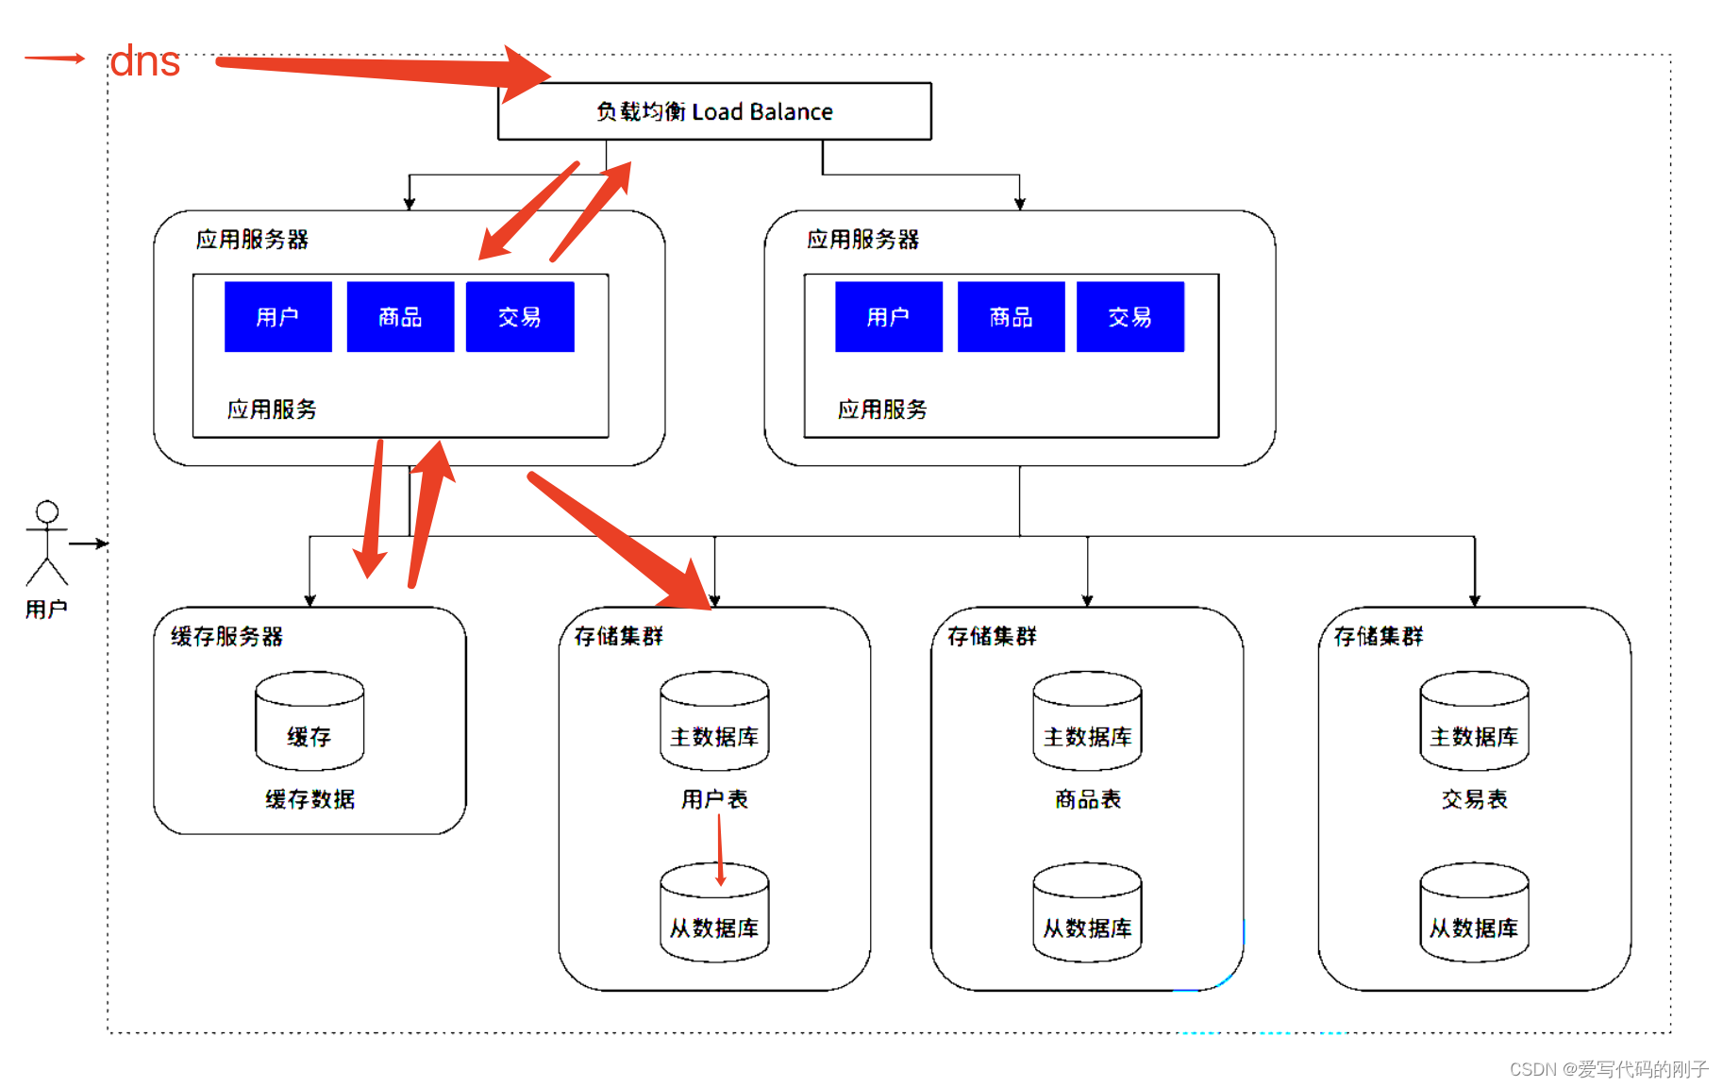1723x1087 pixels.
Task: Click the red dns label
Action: point(144,62)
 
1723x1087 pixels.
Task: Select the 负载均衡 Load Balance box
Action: point(714,111)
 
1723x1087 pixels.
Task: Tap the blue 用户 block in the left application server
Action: point(278,317)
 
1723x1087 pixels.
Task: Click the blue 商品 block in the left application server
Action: point(400,317)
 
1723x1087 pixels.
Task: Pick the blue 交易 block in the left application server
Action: point(520,317)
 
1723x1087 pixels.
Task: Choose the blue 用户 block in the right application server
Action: point(889,317)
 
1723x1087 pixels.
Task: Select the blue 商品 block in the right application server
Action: point(1011,317)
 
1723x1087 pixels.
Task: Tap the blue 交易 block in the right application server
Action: point(1130,317)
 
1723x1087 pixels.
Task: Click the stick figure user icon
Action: point(47,543)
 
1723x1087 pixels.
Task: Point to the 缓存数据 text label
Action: point(309,799)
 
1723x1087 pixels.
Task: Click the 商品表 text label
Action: point(1087,799)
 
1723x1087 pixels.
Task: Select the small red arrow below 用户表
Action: point(720,849)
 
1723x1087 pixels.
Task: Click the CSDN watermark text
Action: point(1608,1069)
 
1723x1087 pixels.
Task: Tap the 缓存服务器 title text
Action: point(226,637)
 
